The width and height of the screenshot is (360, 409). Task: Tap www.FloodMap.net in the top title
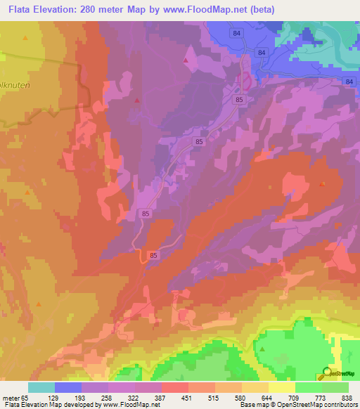(x=199, y=10)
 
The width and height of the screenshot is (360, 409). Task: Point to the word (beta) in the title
(x=259, y=10)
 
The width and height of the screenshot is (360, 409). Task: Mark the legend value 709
(x=294, y=398)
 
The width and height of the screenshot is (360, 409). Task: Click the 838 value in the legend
(x=347, y=398)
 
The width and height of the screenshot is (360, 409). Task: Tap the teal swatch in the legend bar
(x=41, y=387)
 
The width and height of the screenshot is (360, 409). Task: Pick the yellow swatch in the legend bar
(x=282, y=387)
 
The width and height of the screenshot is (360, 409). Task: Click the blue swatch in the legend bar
(x=68, y=387)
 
